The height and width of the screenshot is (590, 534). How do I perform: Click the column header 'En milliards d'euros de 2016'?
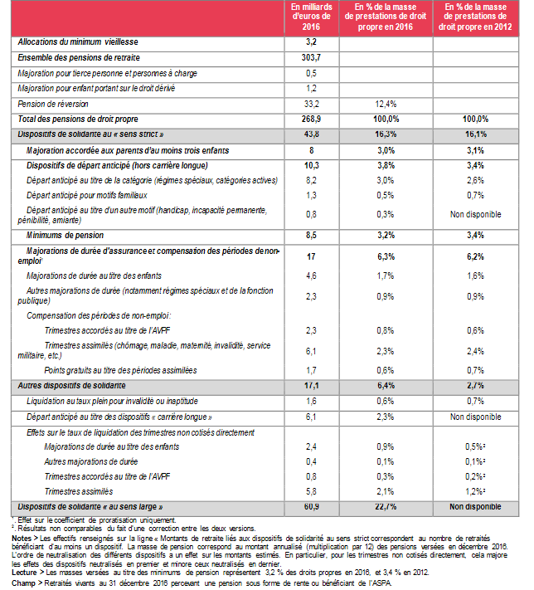pos(312,17)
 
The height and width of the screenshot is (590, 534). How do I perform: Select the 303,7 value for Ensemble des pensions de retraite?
pos(312,57)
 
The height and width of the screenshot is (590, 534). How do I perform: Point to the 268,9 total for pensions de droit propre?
pos(312,119)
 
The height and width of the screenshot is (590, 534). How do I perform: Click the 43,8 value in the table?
pos(312,134)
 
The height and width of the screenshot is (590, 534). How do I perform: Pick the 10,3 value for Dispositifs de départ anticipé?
pos(312,165)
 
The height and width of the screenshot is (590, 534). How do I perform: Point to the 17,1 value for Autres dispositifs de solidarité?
pos(312,386)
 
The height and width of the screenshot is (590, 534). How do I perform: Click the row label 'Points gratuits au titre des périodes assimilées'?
pos(120,370)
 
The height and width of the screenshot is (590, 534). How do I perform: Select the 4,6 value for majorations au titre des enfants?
pos(312,275)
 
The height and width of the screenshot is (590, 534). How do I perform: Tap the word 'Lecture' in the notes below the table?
pos(27,571)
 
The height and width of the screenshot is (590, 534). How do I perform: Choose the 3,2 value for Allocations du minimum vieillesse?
pos(312,41)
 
